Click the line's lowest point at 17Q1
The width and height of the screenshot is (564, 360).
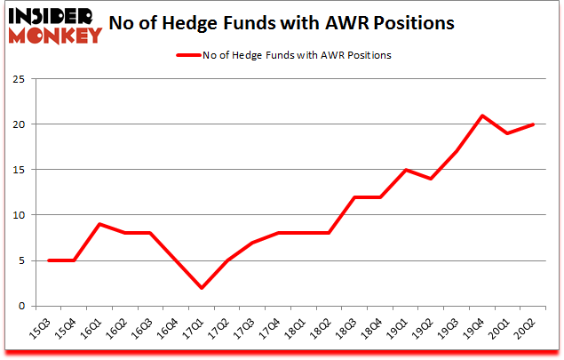pyautogui.click(x=202, y=288)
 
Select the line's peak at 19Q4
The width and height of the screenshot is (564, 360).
pyautogui.click(x=482, y=116)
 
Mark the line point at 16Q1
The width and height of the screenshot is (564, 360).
pyautogui.click(x=99, y=224)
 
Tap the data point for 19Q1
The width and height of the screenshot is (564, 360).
pyautogui.click(x=406, y=170)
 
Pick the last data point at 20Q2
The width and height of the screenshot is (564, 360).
pyautogui.click(x=534, y=124)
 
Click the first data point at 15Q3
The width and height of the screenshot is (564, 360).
pyautogui.click(x=48, y=260)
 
